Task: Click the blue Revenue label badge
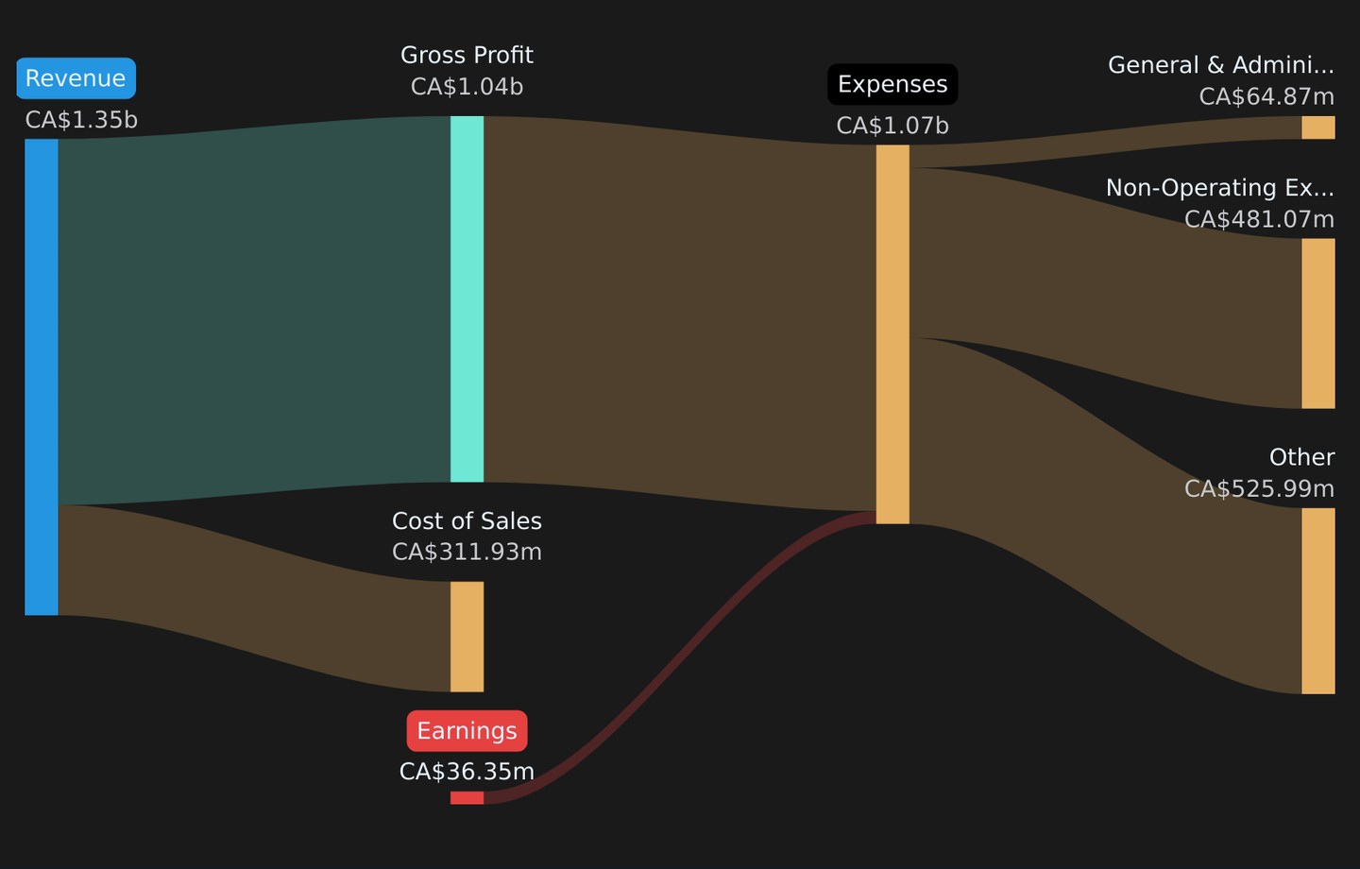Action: pos(76,78)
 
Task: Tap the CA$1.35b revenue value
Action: pos(81,120)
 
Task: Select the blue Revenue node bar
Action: pos(42,377)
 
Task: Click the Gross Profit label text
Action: pos(467,56)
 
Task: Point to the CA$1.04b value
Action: pos(467,87)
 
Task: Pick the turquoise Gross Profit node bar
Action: pos(467,298)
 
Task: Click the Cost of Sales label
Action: pos(467,521)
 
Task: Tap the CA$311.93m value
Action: pos(467,552)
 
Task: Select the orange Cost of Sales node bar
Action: pos(467,637)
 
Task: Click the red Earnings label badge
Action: pos(467,730)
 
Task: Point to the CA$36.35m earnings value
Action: pos(467,772)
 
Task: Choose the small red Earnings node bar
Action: pos(467,797)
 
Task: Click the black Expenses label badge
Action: pos(892,84)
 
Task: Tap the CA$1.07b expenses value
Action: pos(892,126)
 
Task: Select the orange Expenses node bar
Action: pos(892,334)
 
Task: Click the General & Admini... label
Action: pos(1221,65)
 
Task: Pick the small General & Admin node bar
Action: pos(1318,128)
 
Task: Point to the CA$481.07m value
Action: pos(1259,219)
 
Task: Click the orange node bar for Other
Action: pos(1318,601)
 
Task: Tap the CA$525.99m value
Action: pos(1259,489)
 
